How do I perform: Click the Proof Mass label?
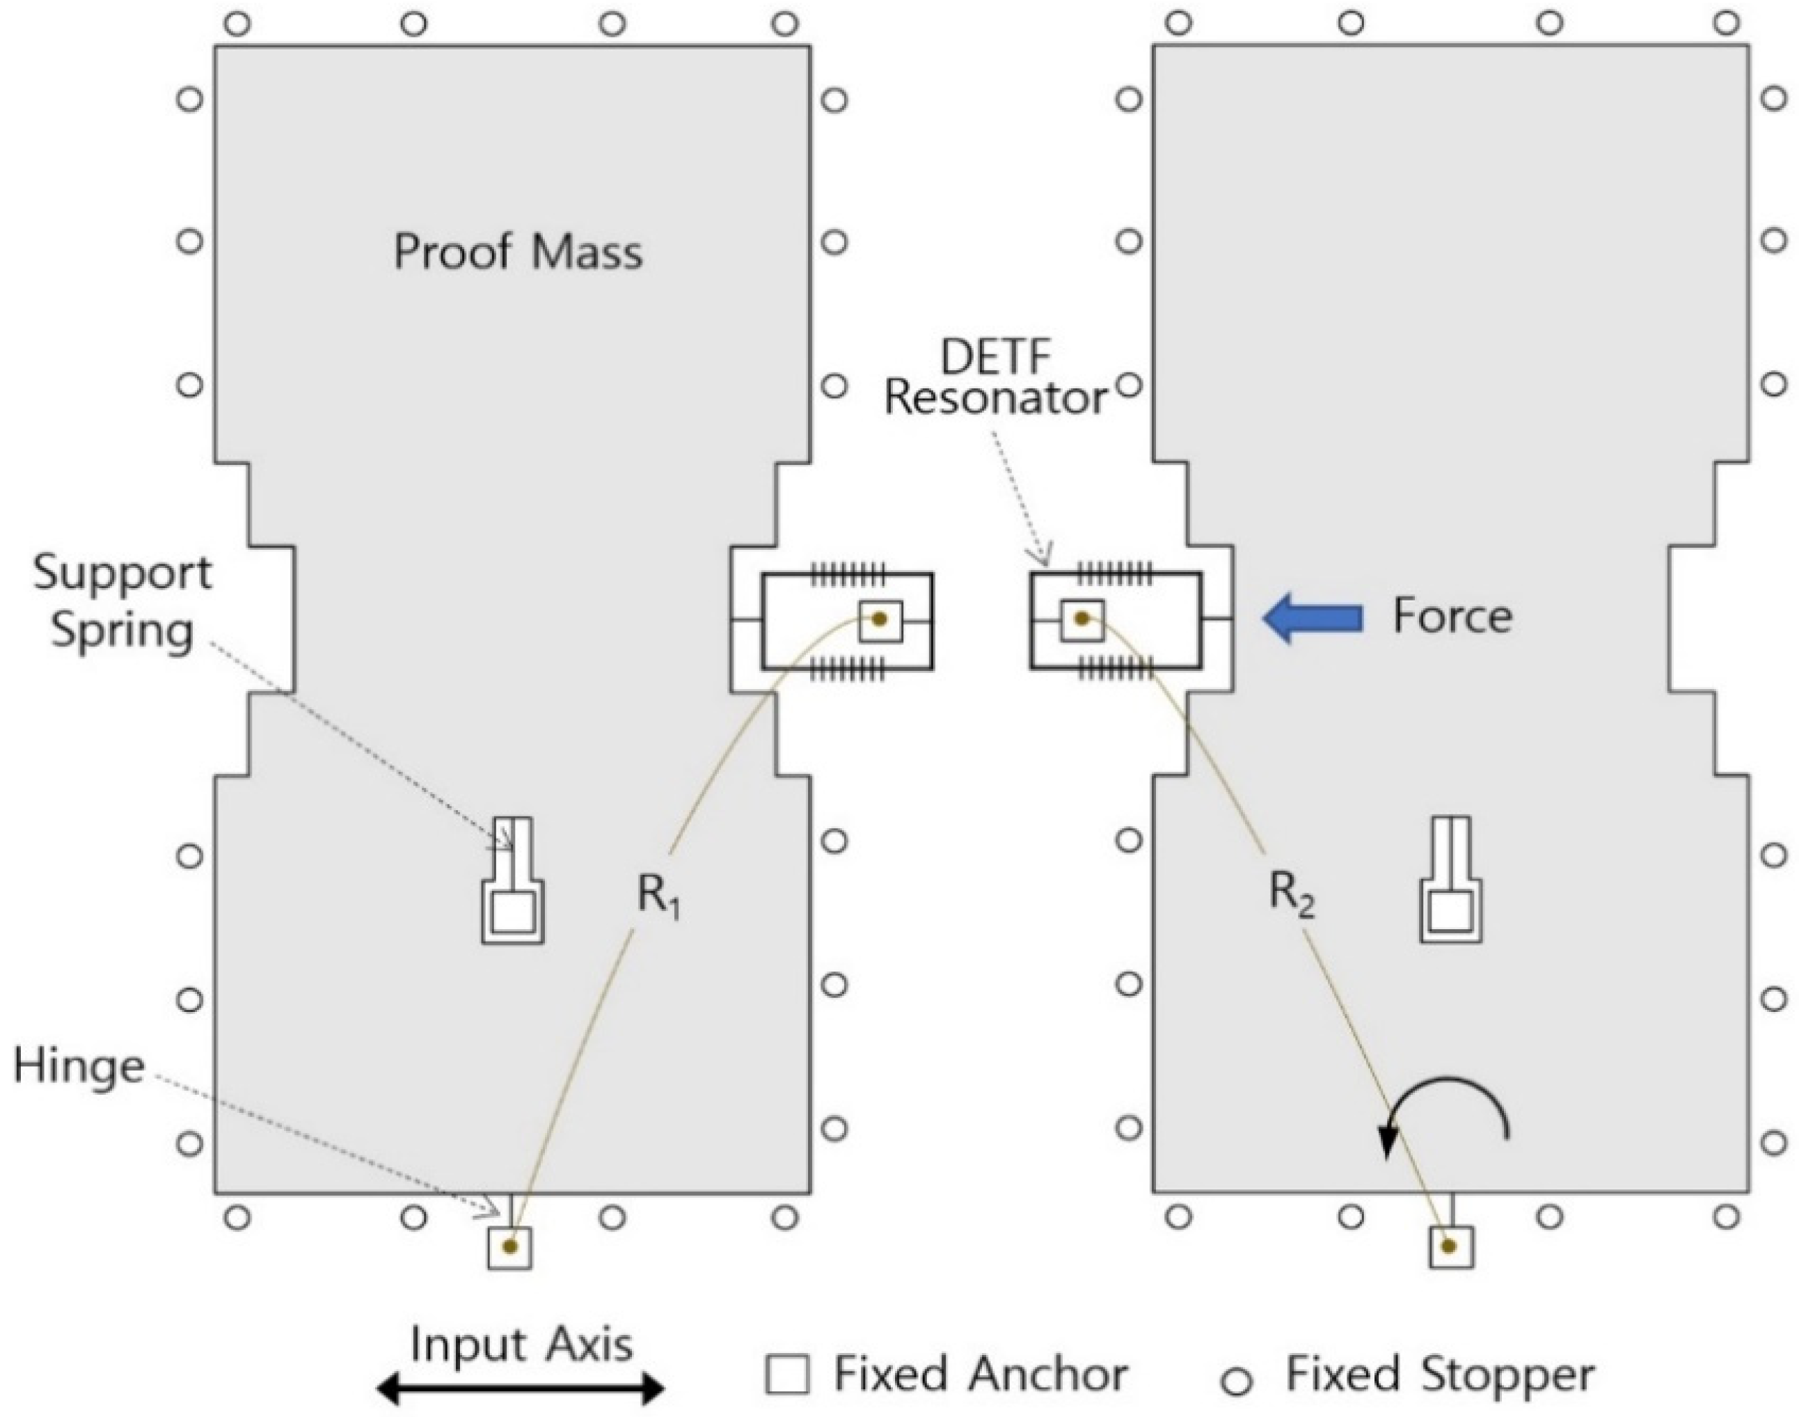pyautogui.click(x=518, y=251)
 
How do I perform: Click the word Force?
pyautogui.click(x=1452, y=617)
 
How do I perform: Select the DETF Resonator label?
pyautogui.click(x=995, y=379)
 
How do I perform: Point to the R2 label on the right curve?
pyautogui.click(x=1292, y=896)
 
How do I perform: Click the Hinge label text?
pyautogui.click(x=79, y=1067)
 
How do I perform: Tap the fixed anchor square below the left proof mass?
pyautogui.click(x=509, y=1247)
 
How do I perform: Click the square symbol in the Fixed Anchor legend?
pyautogui.click(x=786, y=1374)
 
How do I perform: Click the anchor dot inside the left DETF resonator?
pyautogui.click(x=880, y=619)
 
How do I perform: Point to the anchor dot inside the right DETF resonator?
pyautogui.click(x=1081, y=618)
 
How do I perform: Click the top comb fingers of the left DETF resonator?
pyautogui.click(x=848, y=573)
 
